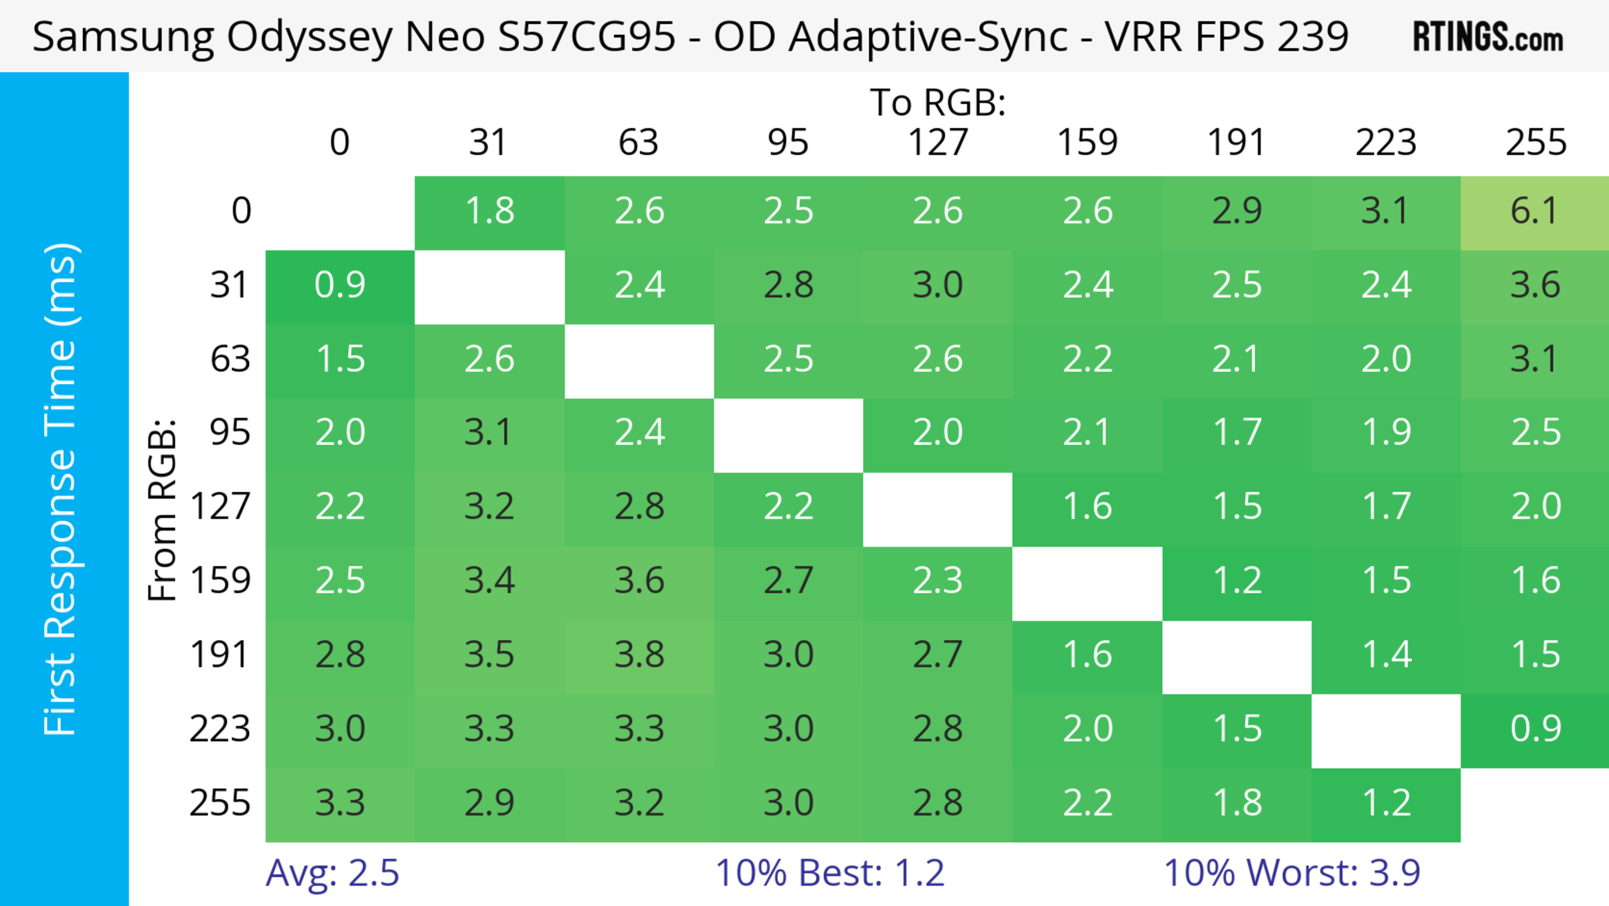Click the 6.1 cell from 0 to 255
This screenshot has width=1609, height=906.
pos(1535,211)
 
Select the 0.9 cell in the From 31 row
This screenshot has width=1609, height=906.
pos(340,286)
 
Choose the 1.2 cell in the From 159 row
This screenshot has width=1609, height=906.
pos(1237,581)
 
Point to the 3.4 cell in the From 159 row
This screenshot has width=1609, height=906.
pos(489,581)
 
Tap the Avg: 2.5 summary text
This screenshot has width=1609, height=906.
pos(332,873)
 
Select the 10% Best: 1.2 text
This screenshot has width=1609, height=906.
pos(830,873)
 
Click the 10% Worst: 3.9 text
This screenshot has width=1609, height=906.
pos(1292,873)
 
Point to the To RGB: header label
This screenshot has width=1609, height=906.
pos(938,102)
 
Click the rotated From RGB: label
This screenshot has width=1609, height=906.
pos(163,509)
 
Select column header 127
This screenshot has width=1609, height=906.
pos(938,143)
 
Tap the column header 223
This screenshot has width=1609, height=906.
pos(1385,143)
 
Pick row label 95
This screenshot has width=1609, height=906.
pos(230,432)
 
